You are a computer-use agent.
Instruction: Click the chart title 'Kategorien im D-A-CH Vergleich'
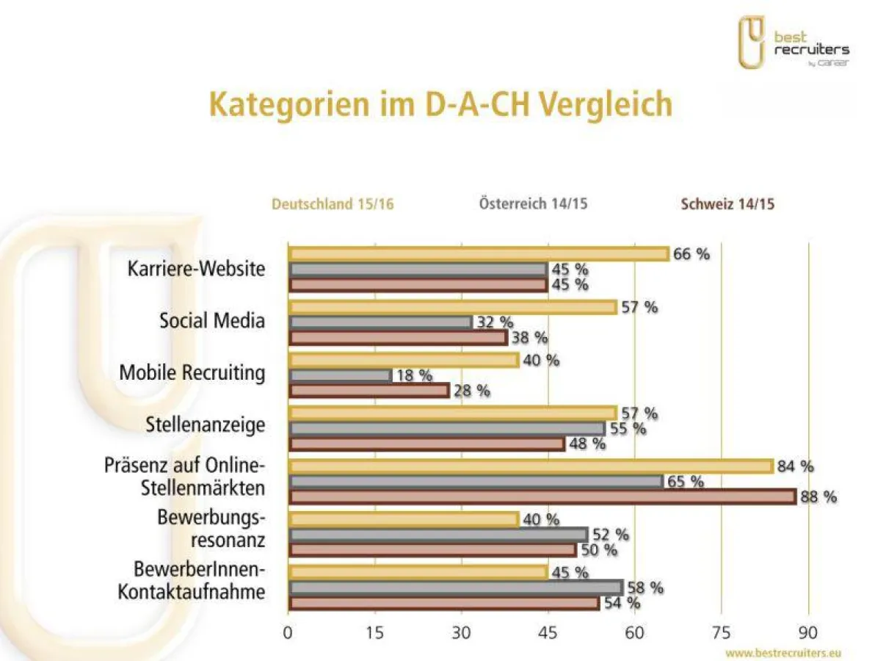click(440, 104)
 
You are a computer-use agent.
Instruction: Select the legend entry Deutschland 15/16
click(333, 204)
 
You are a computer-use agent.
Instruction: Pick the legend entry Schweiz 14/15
click(727, 204)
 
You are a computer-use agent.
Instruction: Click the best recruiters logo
click(794, 43)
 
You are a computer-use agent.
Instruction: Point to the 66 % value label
click(691, 254)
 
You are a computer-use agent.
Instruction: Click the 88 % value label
click(818, 497)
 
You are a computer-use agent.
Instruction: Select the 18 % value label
click(413, 375)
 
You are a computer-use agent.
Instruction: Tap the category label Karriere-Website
click(196, 269)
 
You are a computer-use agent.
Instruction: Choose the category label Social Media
click(212, 321)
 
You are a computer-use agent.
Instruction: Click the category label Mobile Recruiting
click(192, 373)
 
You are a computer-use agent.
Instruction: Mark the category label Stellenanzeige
click(205, 425)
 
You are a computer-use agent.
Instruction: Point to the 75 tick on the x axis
click(722, 632)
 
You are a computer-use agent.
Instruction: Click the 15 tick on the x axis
click(375, 632)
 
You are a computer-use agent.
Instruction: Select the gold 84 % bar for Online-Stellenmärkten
click(531, 466)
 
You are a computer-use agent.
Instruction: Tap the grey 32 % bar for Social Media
click(380, 322)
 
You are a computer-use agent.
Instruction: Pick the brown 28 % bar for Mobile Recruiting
click(368, 391)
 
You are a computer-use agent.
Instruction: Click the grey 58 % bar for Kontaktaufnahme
click(456, 588)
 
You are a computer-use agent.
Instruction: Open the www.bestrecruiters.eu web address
click(783, 652)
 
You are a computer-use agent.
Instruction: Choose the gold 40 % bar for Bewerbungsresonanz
click(404, 519)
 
